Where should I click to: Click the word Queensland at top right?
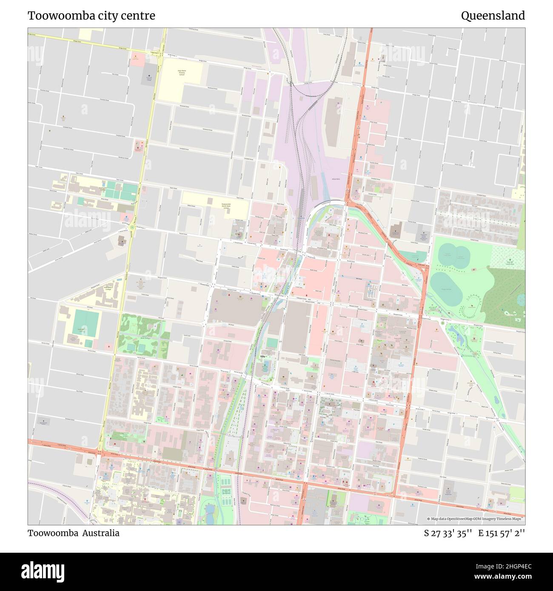coord(493,16)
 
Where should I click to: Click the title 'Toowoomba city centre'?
coord(91,16)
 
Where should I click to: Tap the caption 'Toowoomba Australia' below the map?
coord(74,533)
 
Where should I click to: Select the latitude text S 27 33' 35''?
coord(448,533)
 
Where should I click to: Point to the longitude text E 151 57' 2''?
coord(502,533)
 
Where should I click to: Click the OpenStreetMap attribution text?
coord(476,519)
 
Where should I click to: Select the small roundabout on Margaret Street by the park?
coord(442,323)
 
